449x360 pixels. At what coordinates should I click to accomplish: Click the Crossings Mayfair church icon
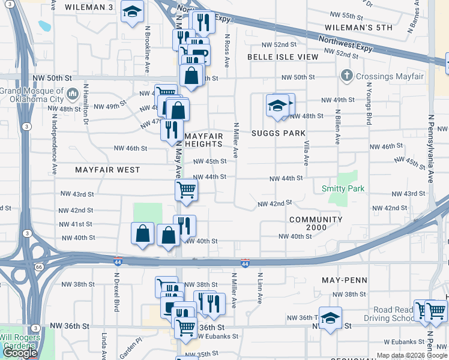coord(346,76)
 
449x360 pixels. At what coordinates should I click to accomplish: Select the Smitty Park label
coord(343,188)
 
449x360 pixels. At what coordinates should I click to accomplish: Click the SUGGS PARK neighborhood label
coord(279,133)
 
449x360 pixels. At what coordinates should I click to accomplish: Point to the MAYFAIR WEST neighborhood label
coord(107,170)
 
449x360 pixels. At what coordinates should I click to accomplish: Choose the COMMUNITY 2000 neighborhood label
coord(316,223)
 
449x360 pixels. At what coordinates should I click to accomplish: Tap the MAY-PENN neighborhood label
coord(343,280)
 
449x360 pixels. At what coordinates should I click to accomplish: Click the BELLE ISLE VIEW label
coord(283,56)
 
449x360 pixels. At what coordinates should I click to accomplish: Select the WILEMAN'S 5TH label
coord(358,28)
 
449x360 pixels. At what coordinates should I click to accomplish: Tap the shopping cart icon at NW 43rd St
coord(186,191)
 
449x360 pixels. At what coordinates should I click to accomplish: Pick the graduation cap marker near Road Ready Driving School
coord(330,318)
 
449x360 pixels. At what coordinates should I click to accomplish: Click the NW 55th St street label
coord(348,15)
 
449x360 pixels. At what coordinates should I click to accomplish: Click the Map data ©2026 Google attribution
coord(412,355)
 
